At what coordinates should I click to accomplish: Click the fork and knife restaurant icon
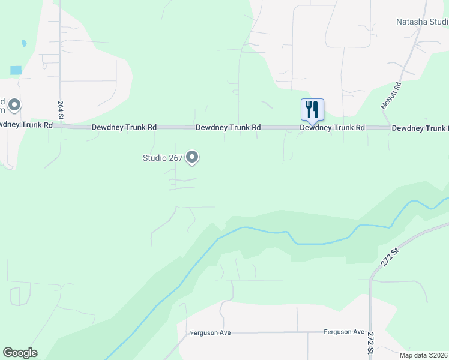(x=312, y=109)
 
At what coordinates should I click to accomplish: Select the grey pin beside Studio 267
(x=193, y=157)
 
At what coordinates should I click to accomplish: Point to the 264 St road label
(x=61, y=111)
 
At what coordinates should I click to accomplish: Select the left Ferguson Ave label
(x=210, y=333)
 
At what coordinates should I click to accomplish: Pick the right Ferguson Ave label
(x=344, y=332)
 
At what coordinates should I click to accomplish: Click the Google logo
(x=20, y=353)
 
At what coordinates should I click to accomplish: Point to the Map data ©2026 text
(x=423, y=355)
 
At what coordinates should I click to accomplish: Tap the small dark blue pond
(x=23, y=44)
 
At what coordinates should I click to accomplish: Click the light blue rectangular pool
(x=16, y=70)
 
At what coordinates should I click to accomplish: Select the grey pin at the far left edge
(x=14, y=106)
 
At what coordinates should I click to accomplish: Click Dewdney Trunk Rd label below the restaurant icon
(x=332, y=128)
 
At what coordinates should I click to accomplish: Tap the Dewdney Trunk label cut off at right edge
(x=420, y=128)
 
